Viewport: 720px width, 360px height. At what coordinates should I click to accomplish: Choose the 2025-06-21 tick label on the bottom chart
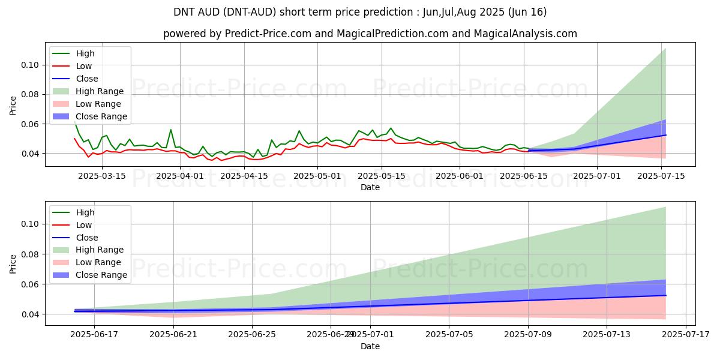pos(173,334)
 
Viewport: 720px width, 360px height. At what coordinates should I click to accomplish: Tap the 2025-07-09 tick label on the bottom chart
pos(528,334)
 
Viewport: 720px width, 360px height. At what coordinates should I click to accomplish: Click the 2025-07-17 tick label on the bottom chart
pos(685,334)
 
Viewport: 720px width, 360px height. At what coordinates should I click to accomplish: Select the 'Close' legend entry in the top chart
pos(87,79)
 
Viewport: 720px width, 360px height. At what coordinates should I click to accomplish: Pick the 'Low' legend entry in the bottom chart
pos(84,225)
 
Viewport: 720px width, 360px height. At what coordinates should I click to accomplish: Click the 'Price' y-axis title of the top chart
pos(13,106)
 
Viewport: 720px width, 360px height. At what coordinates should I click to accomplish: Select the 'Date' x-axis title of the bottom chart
pos(370,346)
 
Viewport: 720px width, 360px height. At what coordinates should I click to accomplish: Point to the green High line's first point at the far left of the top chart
pos(74,121)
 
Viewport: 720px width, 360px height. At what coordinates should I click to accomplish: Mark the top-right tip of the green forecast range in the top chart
pos(665,49)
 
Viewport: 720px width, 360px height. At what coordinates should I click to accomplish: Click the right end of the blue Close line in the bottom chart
pos(665,295)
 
